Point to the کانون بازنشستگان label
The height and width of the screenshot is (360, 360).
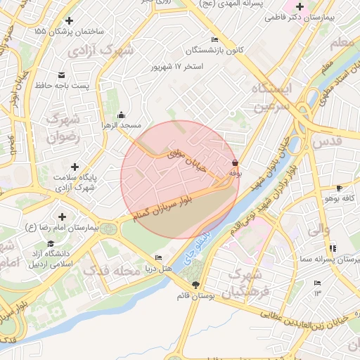[215, 51]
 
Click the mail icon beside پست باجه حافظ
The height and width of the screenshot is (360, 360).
[61, 75]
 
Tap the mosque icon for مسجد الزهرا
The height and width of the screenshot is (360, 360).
[121, 115]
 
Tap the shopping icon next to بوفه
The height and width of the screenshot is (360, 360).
[234, 162]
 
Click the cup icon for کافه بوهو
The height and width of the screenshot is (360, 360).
[339, 188]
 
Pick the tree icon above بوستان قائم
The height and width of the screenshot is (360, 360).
[195, 284]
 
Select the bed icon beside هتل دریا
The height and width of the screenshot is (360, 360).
[158, 257]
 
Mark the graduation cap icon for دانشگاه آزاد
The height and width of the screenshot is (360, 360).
[50, 243]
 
